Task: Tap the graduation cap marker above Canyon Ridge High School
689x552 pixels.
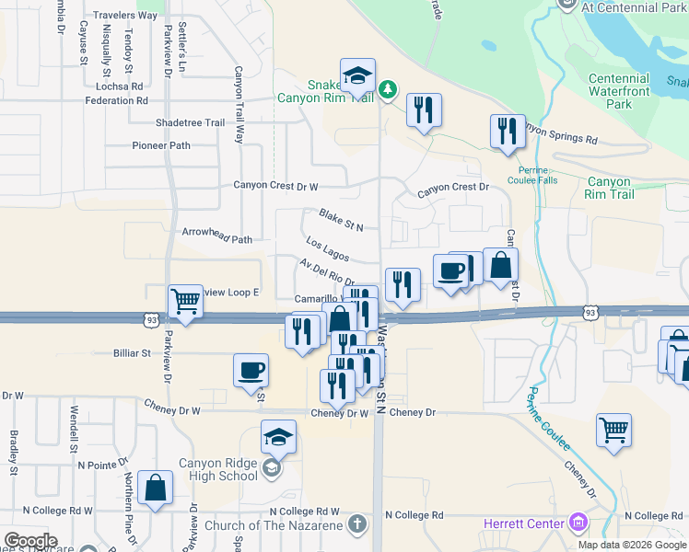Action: (278, 438)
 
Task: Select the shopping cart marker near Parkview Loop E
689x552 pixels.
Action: (185, 300)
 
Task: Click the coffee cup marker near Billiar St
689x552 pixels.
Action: (251, 371)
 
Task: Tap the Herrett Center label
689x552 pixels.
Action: (524, 524)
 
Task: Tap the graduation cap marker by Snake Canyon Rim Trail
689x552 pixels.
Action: (357, 74)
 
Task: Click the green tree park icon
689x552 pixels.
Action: (389, 88)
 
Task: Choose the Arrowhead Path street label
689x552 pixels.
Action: (217, 239)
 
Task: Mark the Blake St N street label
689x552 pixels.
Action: (341, 219)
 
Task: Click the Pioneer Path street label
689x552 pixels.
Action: (161, 145)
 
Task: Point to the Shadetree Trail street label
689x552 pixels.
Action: (191, 122)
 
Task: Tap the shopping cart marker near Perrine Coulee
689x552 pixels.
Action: (613, 430)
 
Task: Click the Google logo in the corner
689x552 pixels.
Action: (30, 541)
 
